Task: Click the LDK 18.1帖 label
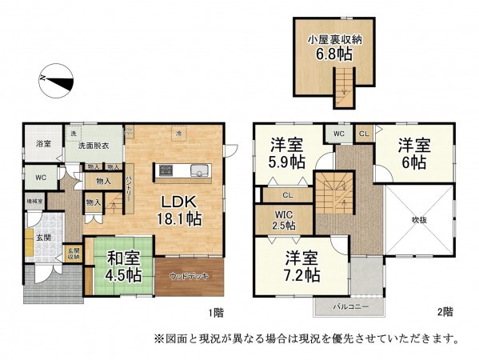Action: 183,209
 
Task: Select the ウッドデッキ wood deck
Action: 190,276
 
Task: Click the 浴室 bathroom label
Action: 43,144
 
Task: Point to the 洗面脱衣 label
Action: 94,146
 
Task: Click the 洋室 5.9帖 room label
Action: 286,153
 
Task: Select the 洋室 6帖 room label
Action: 414,153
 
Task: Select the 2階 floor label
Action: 445,312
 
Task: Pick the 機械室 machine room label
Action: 36,202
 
